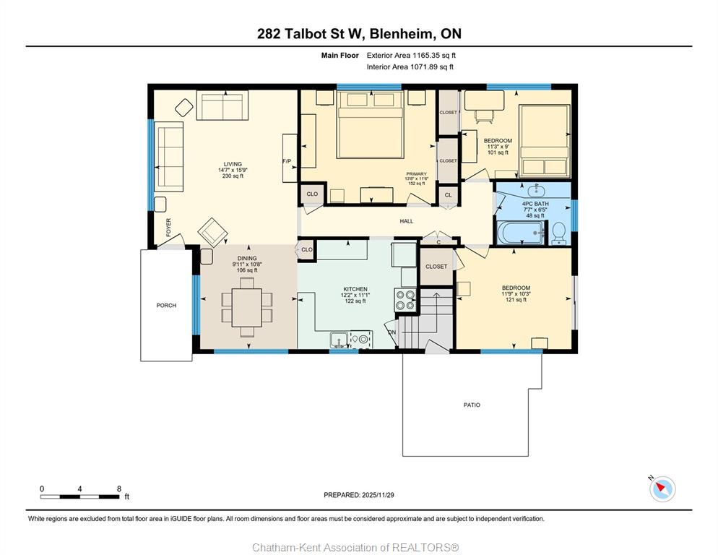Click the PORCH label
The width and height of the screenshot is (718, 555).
[x=166, y=305]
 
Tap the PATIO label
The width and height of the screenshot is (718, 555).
[x=472, y=405]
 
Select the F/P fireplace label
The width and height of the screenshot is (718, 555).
[x=287, y=161]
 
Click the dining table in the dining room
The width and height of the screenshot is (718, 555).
[x=247, y=308]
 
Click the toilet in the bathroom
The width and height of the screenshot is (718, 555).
[x=558, y=233]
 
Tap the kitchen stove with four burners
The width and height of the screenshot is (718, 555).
[x=405, y=300]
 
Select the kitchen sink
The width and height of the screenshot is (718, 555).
[x=339, y=340]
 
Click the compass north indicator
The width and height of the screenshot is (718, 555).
[x=662, y=489]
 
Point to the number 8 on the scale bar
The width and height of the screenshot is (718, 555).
[x=119, y=489]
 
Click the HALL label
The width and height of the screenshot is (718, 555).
[x=406, y=221]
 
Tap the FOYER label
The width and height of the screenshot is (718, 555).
[x=168, y=228]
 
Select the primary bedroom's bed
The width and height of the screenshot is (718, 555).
[x=371, y=124]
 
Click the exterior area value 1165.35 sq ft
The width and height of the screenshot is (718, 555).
[x=434, y=56]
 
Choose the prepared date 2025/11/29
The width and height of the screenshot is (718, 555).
[x=378, y=495]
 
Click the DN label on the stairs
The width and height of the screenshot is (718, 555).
[x=392, y=332]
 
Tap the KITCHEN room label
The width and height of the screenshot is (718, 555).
[x=355, y=289]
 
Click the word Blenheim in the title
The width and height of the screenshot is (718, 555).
[x=401, y=33]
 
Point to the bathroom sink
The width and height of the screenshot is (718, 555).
[x=535, y=190]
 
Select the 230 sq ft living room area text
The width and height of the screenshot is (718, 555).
[x=233, y=176]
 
